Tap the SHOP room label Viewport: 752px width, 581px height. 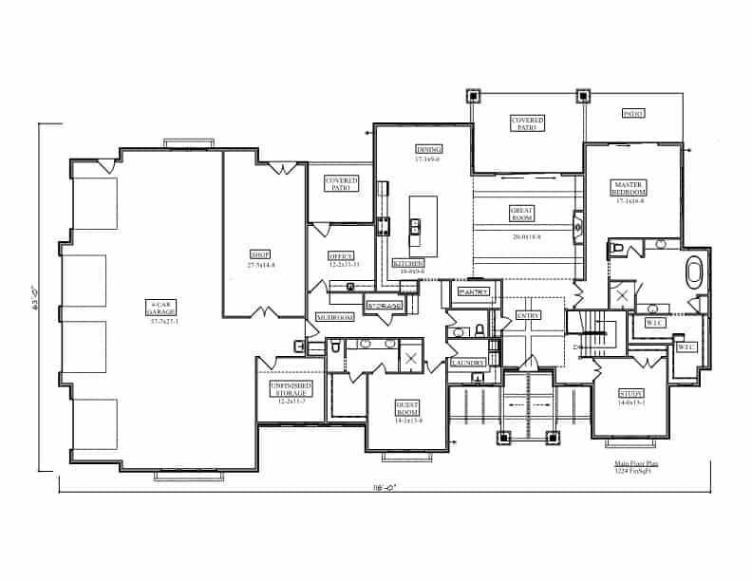(261, 254)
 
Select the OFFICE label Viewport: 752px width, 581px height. (341, 256)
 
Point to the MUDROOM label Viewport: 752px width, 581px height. (334, 316)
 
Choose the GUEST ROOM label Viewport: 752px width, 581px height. (408, 407)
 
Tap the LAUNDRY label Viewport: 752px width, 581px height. (468, 363)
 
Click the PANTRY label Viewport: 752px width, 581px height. (472, 292)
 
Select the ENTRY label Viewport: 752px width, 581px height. (528, 315)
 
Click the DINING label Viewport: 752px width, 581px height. (428, 149)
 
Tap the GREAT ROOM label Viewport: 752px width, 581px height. (522, 214)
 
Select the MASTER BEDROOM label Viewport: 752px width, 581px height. (630, 188)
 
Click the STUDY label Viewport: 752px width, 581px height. (630, 393)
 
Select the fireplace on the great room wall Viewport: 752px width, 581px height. (577, 227)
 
